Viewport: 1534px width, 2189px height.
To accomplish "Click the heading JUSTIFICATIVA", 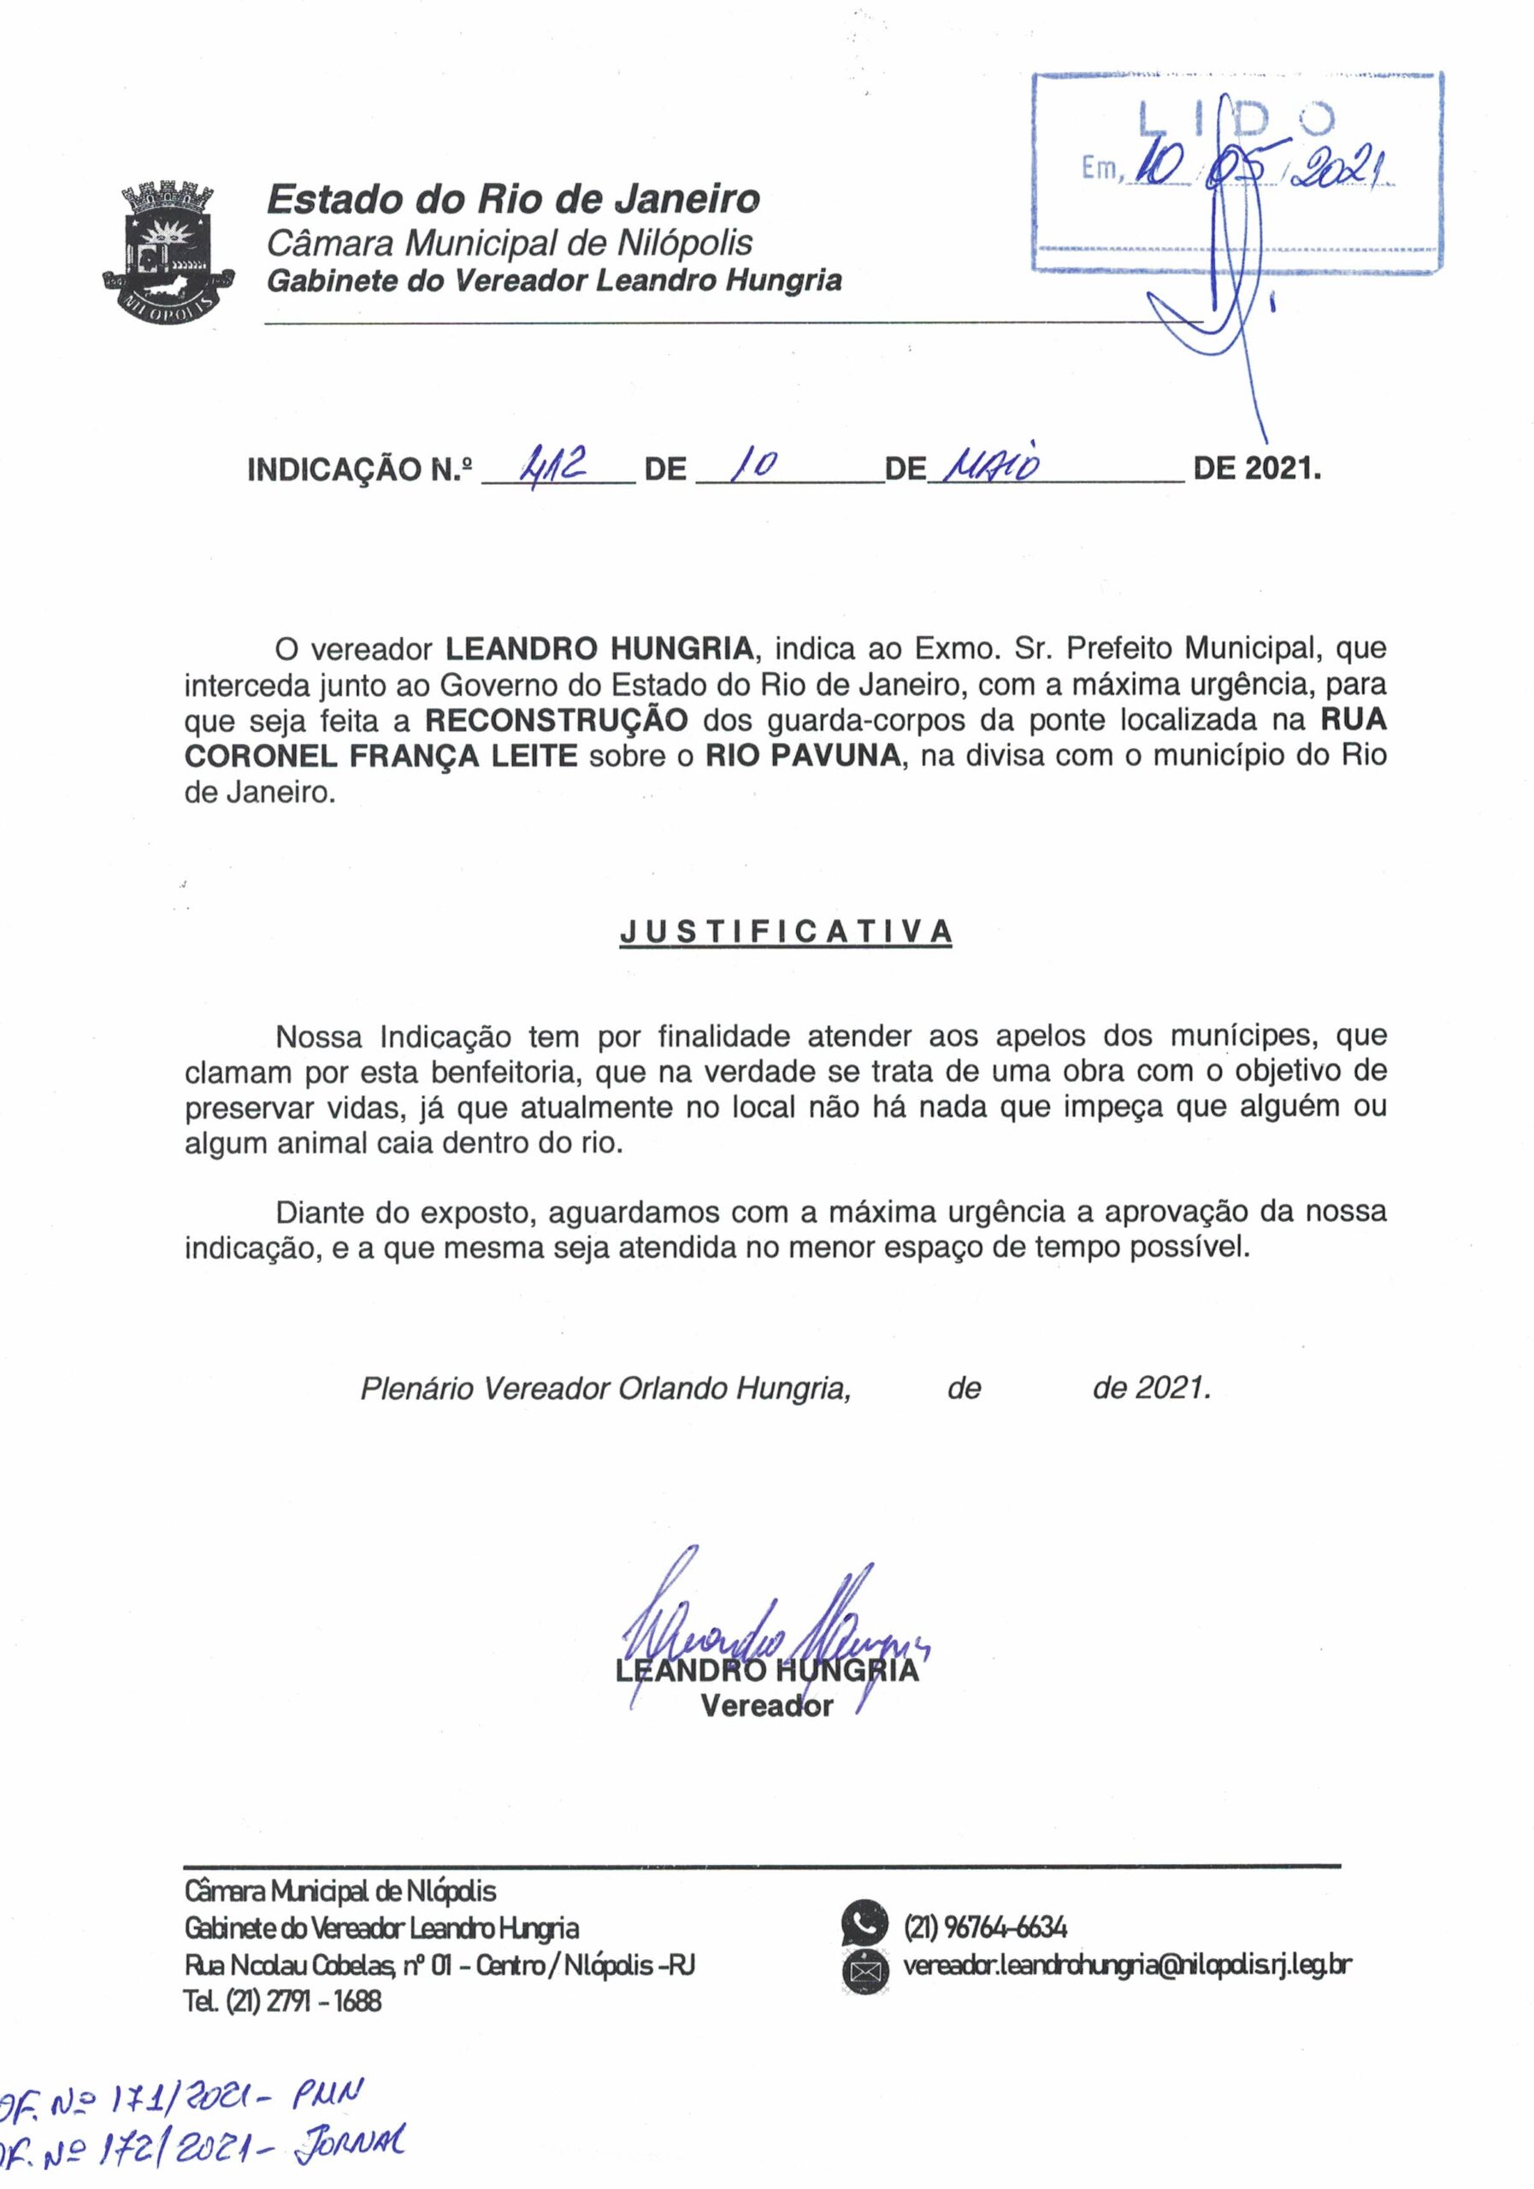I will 787,931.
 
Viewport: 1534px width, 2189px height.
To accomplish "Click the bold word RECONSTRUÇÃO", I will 556,720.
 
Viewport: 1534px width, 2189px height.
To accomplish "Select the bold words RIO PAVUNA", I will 803,756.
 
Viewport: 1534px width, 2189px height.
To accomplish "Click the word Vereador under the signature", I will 766,1706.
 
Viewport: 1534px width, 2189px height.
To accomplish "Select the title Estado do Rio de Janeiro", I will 513,199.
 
